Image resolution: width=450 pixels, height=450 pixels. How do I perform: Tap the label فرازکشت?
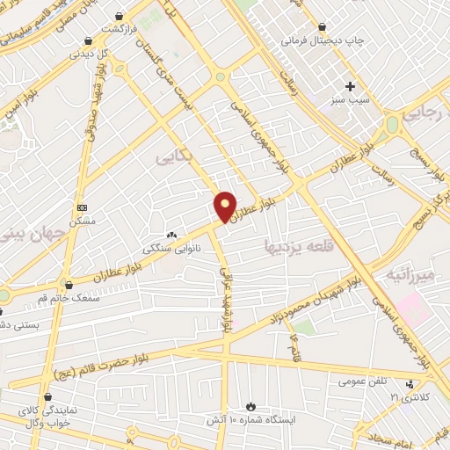[x=122, y=29]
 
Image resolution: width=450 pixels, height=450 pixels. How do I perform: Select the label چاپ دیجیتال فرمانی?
[x=316, y=40]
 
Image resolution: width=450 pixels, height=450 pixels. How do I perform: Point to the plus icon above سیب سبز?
[x=351, y=86]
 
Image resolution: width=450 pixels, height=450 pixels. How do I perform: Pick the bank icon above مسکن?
[x=83, y=207]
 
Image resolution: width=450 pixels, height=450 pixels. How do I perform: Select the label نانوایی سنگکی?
[x=172, y=249]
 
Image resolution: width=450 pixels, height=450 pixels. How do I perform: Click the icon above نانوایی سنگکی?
[x=171, y=236]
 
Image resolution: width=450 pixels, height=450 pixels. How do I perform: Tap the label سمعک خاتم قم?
[x=69, y=299]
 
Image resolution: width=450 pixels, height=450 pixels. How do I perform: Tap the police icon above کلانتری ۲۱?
[x=410, y=384]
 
